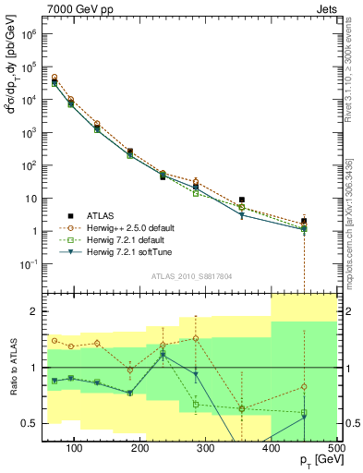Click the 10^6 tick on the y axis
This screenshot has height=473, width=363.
[30, 34]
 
